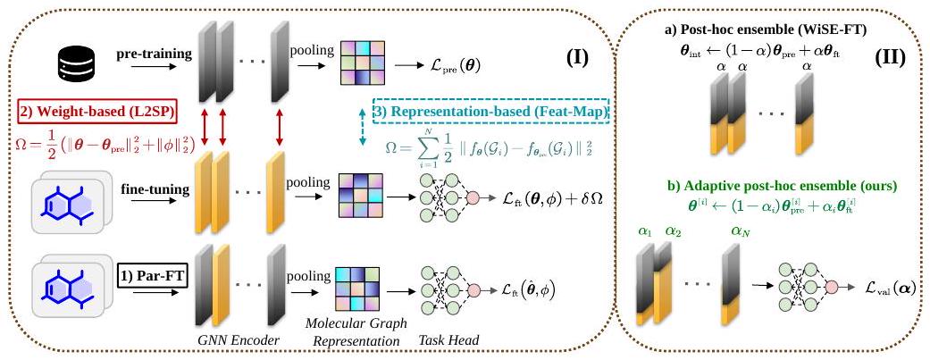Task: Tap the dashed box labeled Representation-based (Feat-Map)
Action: click(491, 113)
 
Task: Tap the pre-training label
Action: click(154, 54)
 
